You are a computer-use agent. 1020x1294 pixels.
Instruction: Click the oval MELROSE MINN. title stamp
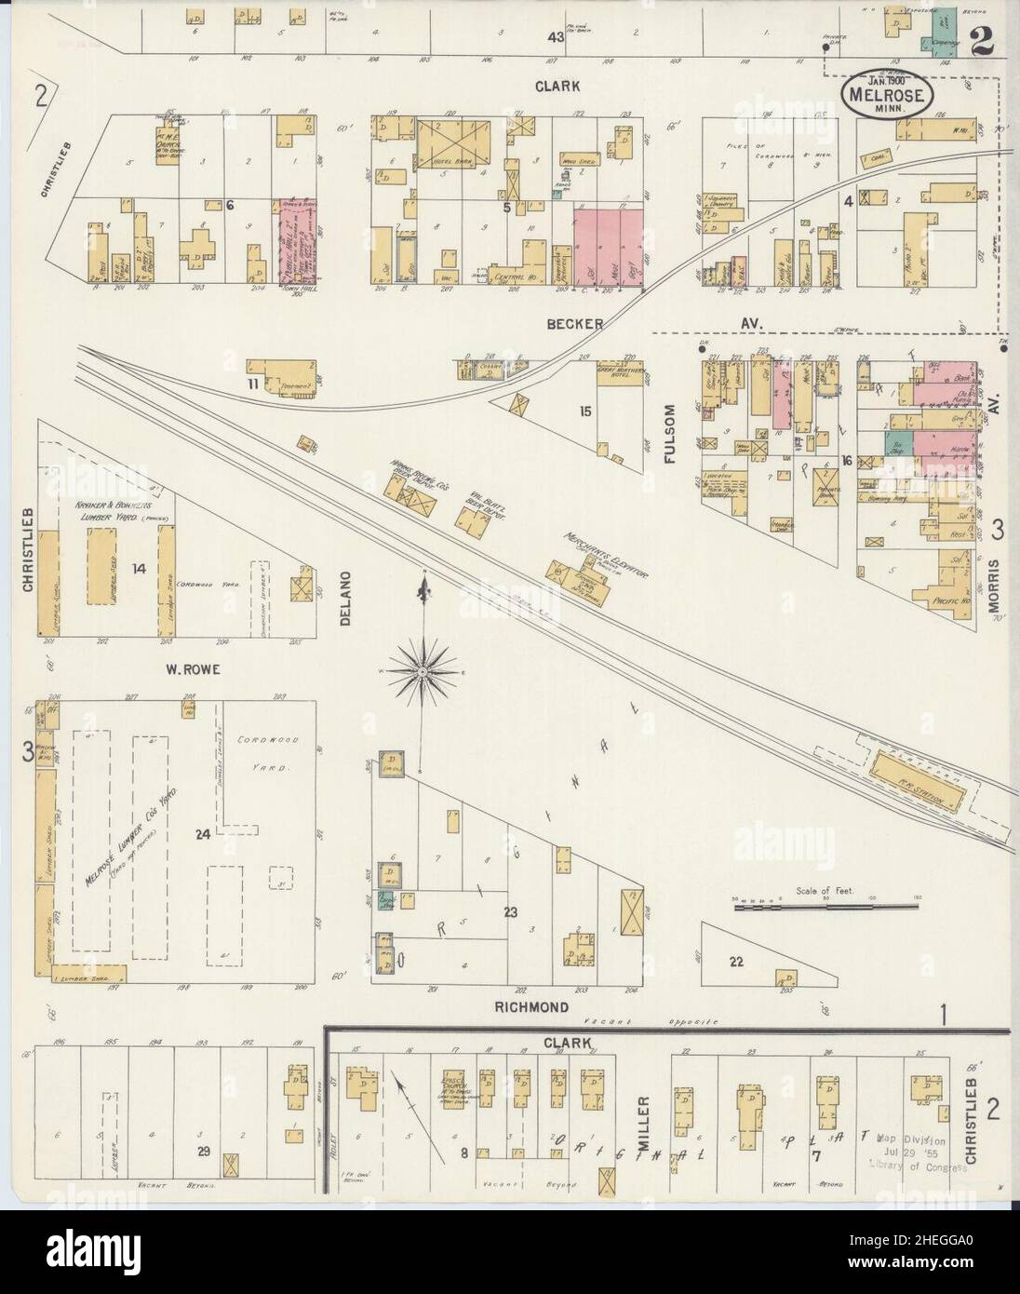point(883,96)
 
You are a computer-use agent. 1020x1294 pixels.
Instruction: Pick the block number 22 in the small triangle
point(736,963)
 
